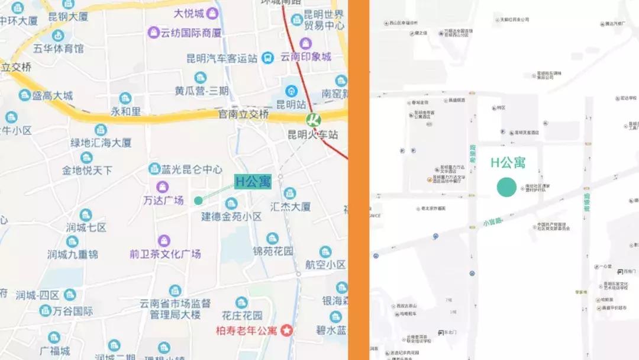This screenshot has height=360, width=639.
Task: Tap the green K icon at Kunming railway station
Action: [x=313, y=119]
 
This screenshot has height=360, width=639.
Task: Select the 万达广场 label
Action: [x=163, y=200]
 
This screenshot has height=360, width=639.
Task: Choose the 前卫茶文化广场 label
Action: [x=165, y=253]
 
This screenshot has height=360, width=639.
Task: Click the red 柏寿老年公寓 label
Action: [x=248, y=330]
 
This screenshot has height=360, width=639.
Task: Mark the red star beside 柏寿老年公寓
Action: [x=288, y=330]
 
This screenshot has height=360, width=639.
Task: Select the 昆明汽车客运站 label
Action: [x=222, y=58]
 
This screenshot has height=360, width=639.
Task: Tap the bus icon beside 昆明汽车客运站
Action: [x=269, y=58]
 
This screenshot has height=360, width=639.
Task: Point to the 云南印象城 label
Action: [x=305, y=57]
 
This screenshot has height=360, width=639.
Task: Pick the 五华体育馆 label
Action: [x=58, y=48]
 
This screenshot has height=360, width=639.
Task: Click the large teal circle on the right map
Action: [x=506, y=187]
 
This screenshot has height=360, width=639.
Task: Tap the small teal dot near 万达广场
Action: [x=198, y=200]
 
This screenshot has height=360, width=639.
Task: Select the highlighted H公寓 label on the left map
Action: [x=253, y=182]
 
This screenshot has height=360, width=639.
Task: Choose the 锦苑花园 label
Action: [x=273, y=250]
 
